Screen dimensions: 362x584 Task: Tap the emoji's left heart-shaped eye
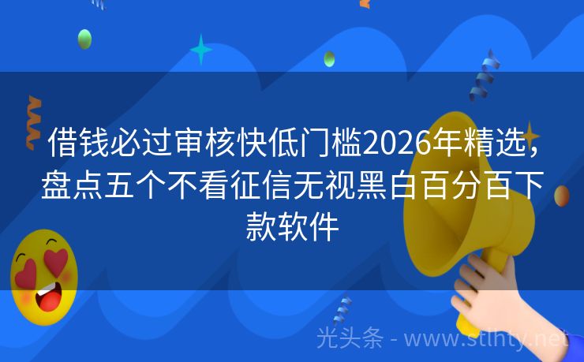[26, 271]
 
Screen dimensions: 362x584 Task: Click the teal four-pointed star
[201, 49]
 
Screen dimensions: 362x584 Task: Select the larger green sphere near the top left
[84, 39]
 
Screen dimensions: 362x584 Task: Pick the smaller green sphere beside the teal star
[329, 58]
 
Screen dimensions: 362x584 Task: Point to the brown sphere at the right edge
[562, 196]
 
